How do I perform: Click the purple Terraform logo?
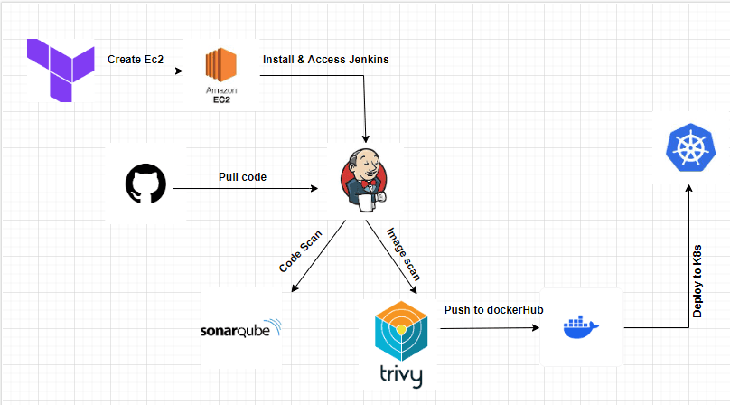click(x=61, y=71)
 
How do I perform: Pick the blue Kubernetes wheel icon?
click(x=689, y=149)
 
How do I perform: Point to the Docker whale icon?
click(x=579, y=326)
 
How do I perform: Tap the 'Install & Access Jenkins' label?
click(x=325, y=59)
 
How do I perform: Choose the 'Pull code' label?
click(x=241, y=176)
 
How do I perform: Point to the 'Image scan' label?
click(x=404, y=252)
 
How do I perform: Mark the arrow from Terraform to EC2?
click(x=145, y=71)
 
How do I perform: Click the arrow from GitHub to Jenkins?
click(x=244, y=189)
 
